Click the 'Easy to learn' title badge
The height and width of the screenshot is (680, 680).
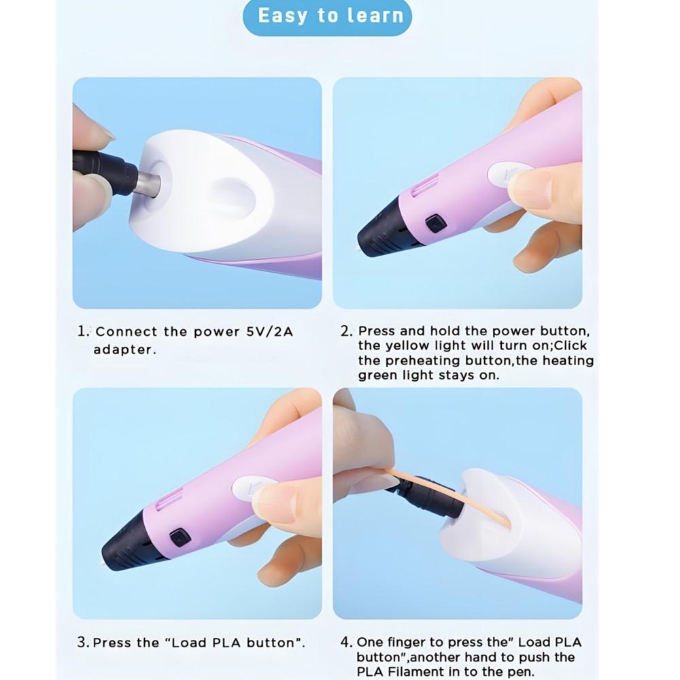click(328, 16)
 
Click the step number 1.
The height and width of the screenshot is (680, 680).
click(82, 331)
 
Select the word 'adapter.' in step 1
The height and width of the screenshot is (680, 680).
click(125, 350)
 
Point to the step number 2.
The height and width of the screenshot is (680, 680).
click(347, 331)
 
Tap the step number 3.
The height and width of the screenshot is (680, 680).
click(83, 643)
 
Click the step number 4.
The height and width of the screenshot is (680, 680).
click(347, 643)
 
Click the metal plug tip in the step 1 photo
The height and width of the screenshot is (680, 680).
click(148, 184)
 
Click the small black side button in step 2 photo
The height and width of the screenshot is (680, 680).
click(436, 224)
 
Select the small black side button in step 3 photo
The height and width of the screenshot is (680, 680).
click(180, 538)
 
